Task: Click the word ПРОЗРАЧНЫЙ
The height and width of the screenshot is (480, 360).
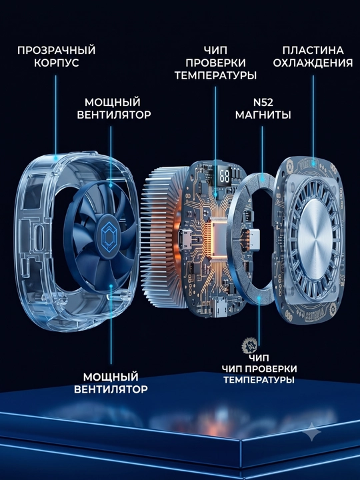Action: point(56,50)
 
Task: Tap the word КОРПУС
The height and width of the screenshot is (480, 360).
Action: point(56,63)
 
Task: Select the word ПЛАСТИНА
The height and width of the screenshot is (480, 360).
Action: point(313,50)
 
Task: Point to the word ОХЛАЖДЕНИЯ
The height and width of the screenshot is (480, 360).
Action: point(313,63)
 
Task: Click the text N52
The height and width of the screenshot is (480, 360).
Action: point(263,102)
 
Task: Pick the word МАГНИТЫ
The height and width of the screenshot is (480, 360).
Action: point(263,115)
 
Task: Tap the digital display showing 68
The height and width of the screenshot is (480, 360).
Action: point(225,177)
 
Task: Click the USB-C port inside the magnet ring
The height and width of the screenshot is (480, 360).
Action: point(255,239)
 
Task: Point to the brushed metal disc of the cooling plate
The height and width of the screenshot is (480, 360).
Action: point(315,238)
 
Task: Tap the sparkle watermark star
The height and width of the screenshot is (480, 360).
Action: point(312,432)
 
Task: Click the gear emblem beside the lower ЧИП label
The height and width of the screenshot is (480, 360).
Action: point(248,345)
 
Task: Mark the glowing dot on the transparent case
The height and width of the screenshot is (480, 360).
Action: point(56,158)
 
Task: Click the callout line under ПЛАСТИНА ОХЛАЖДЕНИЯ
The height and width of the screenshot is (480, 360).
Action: point(313,119)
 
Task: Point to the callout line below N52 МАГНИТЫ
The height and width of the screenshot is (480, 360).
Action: point(263,151)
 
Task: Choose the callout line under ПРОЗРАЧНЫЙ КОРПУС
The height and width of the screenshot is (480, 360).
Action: point(56,116)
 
